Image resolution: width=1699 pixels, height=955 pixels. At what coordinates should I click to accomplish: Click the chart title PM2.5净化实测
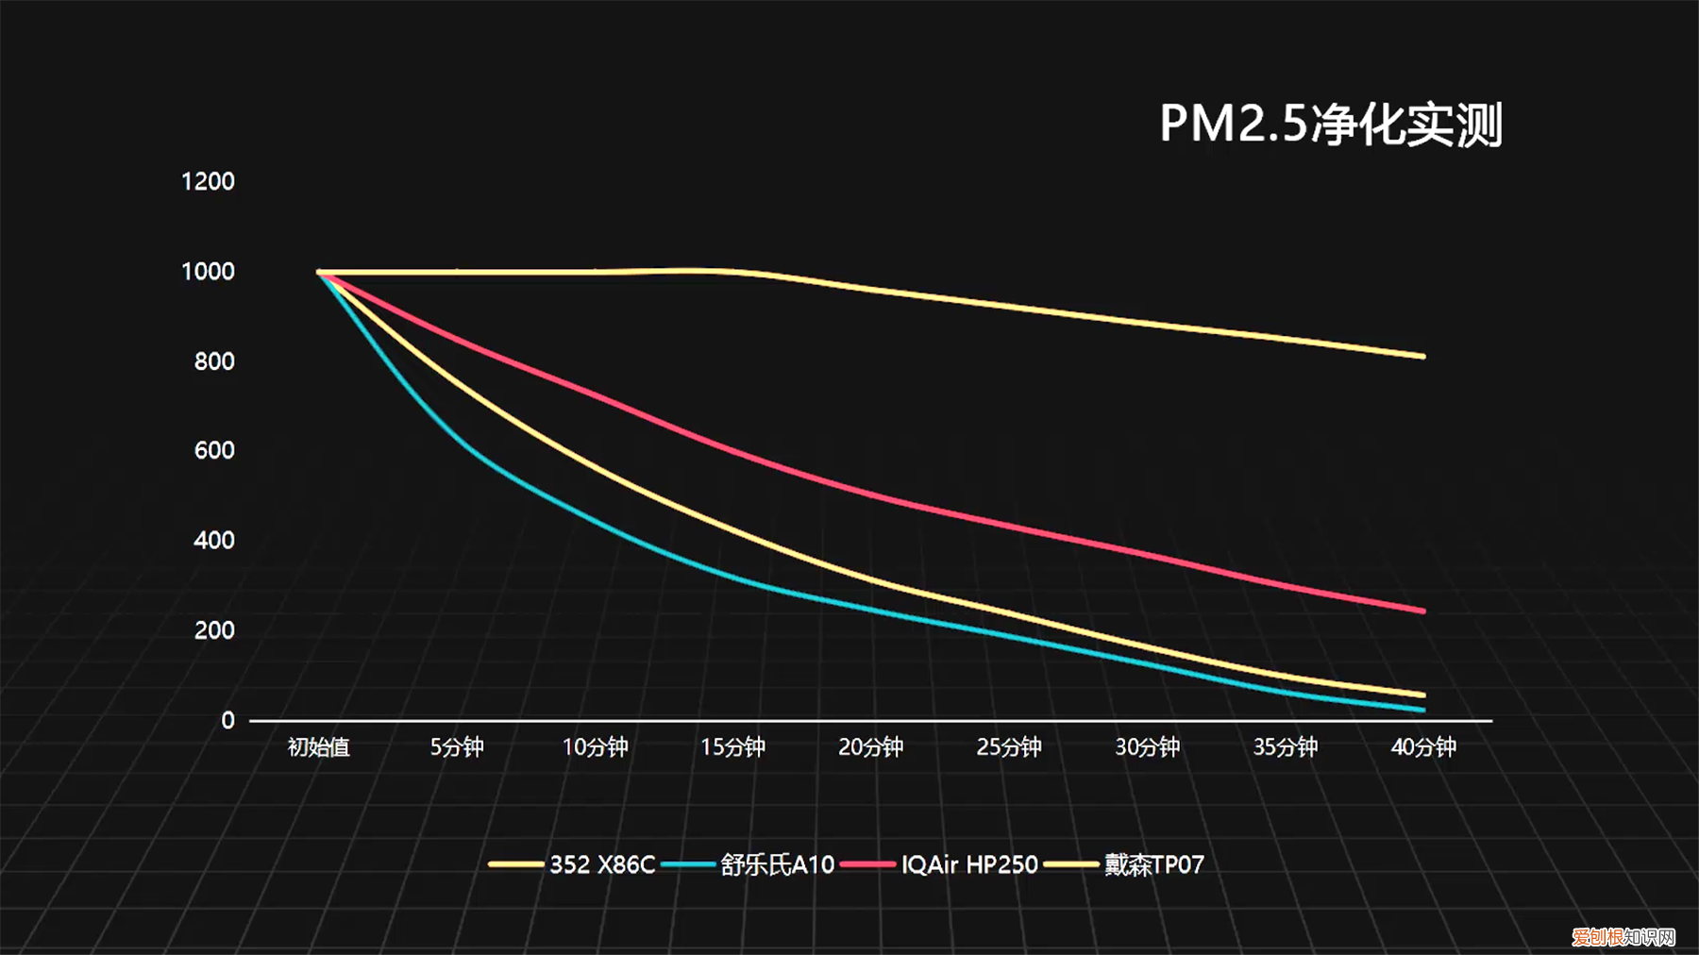pos(1331,124)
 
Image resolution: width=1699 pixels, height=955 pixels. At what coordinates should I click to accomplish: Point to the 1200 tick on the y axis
pos(208,181)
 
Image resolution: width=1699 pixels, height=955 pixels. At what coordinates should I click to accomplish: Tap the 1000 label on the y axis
pos(208,272)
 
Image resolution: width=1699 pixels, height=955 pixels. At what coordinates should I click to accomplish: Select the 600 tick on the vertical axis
pos(214,450)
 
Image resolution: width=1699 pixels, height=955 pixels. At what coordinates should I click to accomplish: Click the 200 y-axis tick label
pos(214,630)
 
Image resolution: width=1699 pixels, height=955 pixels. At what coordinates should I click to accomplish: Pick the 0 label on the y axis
pos(227,720)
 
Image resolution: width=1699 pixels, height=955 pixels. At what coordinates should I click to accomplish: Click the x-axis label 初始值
pos(319,747)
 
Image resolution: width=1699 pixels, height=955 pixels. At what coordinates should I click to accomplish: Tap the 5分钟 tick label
pos(457,747)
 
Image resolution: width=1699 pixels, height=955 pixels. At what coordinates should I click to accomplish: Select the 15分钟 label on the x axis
pos(732,747)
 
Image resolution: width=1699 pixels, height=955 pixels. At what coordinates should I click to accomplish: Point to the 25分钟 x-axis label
pos(1009,747)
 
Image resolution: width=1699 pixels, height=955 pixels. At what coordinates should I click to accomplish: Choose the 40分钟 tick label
pos(1423,747)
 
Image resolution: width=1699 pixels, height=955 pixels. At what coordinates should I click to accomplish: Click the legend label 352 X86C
pos(602,864)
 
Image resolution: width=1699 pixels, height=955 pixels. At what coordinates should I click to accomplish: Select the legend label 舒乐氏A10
pos(778,864)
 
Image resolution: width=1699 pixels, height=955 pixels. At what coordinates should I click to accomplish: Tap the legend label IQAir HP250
pos(969,864)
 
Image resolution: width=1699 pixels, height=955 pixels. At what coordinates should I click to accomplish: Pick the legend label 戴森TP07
pos(1154,864)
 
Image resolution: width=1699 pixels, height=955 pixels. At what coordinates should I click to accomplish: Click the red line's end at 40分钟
pos(1422,611)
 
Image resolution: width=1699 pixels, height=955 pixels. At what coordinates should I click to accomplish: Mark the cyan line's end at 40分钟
pos(1422,710)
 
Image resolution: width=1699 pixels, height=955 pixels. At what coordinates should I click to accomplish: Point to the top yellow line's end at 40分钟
pos(1422,356)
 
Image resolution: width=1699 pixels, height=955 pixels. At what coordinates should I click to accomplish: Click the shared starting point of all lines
pos(319,273)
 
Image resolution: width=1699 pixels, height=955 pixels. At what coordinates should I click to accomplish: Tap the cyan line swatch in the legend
pos(688,864)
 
